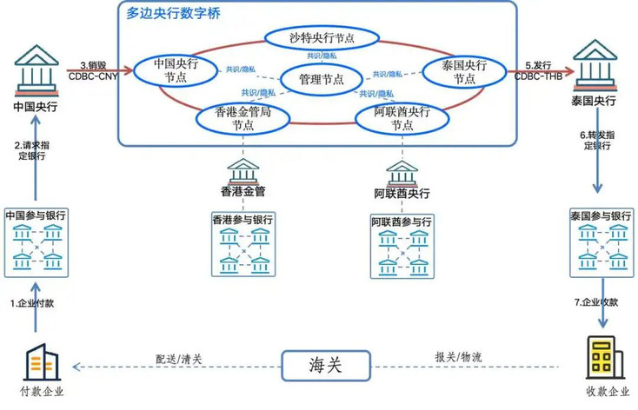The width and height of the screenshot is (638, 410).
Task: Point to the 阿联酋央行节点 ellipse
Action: [401, 118]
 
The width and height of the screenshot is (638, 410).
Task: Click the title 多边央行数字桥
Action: [173, 13]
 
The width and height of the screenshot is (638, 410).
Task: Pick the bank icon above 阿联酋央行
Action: [401, 169]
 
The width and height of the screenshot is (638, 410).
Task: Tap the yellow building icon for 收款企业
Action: [601, 358]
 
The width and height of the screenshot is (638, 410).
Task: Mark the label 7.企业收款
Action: [600, 301]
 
